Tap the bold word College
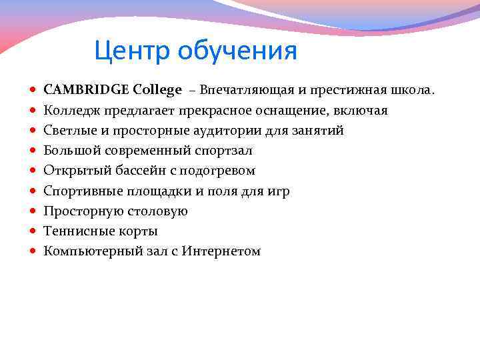coord(157,89)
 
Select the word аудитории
coord(214,130)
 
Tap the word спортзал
coord(223,150)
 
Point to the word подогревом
coord(220,171)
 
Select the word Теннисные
coord(75,231)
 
